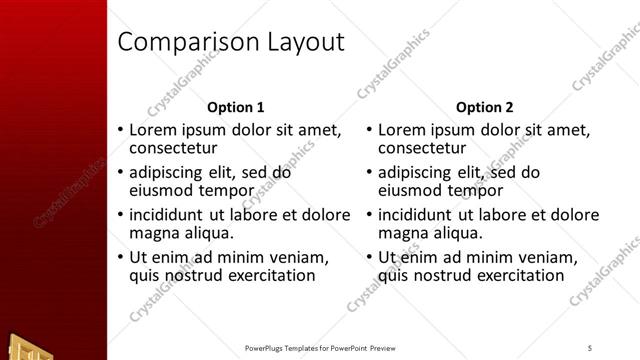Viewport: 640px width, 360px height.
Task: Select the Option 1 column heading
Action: [x=235, y=107]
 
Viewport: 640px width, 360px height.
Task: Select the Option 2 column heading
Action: [x=485, y=107]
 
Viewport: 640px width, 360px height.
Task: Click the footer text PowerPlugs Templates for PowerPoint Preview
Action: [x=320, y=348]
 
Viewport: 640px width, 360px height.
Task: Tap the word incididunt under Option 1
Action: [x=175, y=214]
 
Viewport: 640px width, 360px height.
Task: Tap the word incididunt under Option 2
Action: [x=424, y=214]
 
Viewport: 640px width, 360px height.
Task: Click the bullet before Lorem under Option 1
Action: [x=121, y=130]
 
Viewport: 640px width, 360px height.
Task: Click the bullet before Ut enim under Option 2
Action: [x=370, y=257]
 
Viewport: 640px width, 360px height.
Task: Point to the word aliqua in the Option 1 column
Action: [x=207, y=233]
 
